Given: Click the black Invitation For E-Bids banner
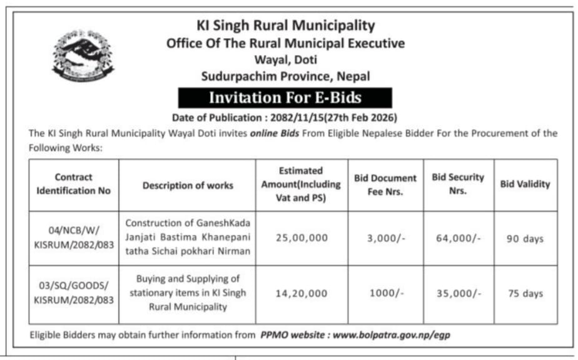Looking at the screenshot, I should (285, 98).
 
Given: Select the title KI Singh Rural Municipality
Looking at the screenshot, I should (285, 26).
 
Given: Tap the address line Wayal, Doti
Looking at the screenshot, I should (285, 60).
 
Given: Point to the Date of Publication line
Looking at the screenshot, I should (285, 117).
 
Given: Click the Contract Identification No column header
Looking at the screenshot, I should (73, 184).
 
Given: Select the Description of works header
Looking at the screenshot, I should (188, 185).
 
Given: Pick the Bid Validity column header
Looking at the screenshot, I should (525, 184).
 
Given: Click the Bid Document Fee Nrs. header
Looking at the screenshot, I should (385, 185).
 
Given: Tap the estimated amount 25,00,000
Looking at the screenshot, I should (302, 238).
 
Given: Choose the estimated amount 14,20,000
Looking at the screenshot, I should (302, 293).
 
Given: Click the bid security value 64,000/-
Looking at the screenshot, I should (459, 238).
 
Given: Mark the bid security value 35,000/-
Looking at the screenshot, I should (459, 293).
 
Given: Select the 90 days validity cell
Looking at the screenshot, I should (525, 239).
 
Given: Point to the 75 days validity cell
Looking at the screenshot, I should (525, 293).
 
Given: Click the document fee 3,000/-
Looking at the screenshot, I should (385, 238).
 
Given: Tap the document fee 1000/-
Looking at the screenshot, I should (385, 293).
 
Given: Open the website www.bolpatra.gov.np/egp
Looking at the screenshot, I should (391, 335).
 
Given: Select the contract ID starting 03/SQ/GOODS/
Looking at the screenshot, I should (73, 293).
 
